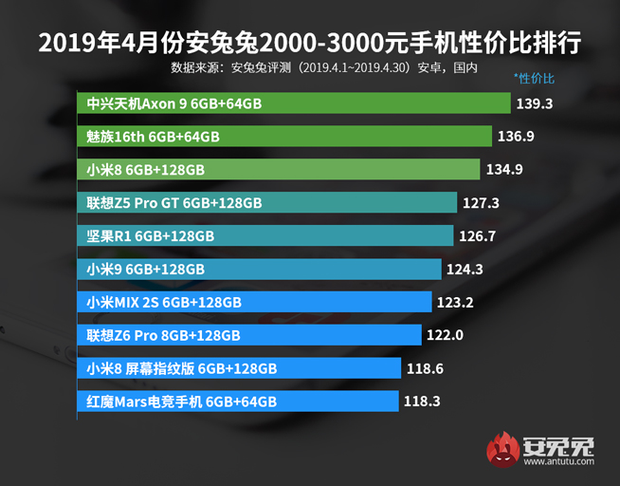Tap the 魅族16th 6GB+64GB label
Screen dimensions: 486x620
(153, 137)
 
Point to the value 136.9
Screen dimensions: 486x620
(516, 137)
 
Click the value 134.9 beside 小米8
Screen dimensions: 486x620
(504, 170)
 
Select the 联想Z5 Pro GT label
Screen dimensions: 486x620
(173, 203)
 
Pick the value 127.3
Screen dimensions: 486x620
(482, 203)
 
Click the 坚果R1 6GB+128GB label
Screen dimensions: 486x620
(150, 236)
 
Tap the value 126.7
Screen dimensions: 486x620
(477, 236)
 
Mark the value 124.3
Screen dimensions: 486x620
(465, 270)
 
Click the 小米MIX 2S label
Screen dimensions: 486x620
(164, 303)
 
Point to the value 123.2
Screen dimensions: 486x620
(454, 303)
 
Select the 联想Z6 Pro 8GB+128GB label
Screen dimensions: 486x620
(163, 335)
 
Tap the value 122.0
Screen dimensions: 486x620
(445, 335)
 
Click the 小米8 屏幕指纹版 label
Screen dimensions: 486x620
(181, 368)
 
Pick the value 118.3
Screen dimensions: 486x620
(422, 402)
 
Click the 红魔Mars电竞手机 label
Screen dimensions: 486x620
(181, 402)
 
